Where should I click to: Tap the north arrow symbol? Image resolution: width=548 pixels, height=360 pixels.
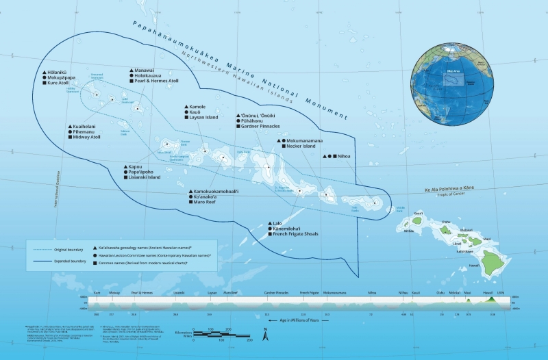pyautogui.click(x=268, y=335)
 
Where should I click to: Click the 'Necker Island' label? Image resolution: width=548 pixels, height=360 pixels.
pyautogui.click(x=299, y=146)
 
